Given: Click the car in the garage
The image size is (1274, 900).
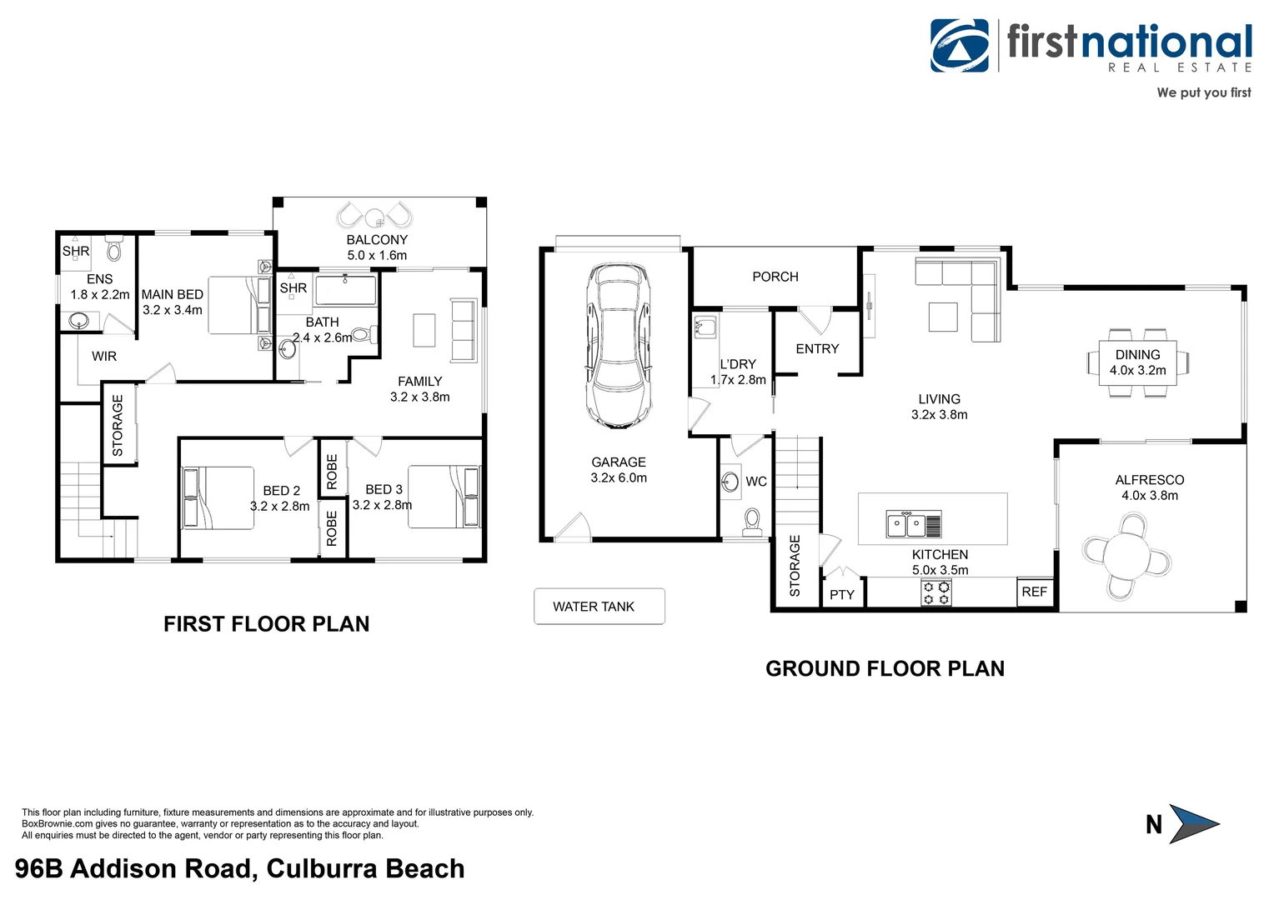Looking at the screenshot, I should [x=618, y=346].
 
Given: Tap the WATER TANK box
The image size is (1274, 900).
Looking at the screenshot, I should [x=599, y=607].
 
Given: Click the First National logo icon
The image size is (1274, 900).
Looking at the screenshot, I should [x=960, y=46].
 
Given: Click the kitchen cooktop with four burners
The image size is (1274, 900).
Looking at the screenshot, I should [x=935, y=592].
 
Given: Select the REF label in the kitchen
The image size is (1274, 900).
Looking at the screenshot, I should [x=1034, y=592].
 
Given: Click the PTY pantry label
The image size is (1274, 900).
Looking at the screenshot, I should [x=842, y=594].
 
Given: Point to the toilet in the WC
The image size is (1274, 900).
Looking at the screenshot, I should [x=752, y=521].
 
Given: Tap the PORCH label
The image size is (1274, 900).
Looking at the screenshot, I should [x=775, y=277].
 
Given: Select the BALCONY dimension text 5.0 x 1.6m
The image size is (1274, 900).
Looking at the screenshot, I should [x=377, y=256].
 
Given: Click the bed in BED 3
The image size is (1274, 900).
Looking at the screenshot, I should [x=444, y=497].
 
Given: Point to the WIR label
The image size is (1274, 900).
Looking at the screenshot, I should [x=104, y=357].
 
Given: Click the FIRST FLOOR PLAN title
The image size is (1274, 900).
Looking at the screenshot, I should [x=266, y=624].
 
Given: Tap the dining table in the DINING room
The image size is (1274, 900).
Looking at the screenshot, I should [x=1137, y=362].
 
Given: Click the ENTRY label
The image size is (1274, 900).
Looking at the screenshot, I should [x=817, y=349].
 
